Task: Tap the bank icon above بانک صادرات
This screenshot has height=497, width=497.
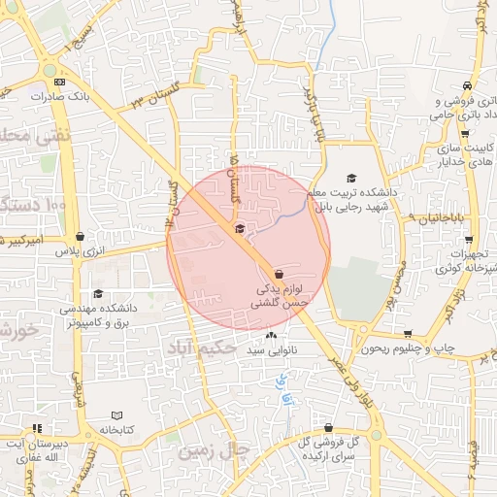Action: [x=60, y=83]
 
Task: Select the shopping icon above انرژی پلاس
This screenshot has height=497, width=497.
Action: [x=79, y=236]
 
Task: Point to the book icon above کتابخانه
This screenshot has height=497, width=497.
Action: [x=117, y=414]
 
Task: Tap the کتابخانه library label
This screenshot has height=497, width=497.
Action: [x=115, y=429]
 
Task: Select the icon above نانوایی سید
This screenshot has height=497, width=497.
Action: [x=271, y=336]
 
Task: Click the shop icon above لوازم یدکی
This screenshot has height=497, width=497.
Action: [x=280, y=274]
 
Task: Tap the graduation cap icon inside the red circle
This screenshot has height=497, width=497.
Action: [x=240, y=228]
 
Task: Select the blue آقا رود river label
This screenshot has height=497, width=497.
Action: [x=283, y=388]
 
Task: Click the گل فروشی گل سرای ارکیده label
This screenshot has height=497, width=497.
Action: [x=327, y=448]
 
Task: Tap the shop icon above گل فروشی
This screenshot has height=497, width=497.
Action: [x=329, y=427]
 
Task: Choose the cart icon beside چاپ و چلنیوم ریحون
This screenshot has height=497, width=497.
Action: [x=408, y=334]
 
